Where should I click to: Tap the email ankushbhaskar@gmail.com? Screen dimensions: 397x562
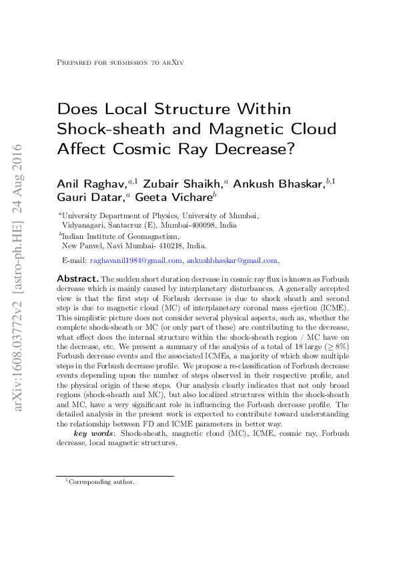pos(232,260)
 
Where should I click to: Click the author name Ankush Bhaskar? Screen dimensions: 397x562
pos(281,182)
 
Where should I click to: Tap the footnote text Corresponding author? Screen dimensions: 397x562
pos(101,481)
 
